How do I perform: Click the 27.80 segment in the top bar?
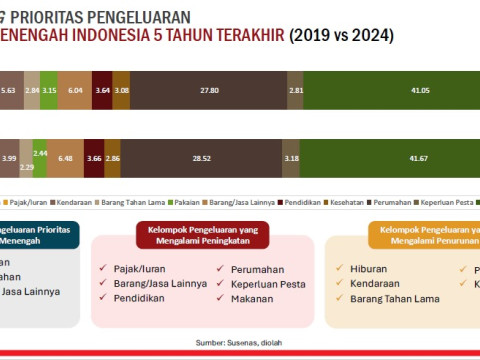(209, 90)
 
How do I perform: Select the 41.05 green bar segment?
(390, 90)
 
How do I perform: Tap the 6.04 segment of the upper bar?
(74, 90)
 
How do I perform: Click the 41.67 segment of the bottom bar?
(390, 157)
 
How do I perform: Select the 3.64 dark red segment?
(102, 90)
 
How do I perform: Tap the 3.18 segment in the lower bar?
(291, 157)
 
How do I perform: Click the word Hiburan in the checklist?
(369, 269)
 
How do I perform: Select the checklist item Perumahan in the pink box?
(257, 269)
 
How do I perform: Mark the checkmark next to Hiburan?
(340, 269)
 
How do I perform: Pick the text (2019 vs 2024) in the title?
(341, 36)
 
